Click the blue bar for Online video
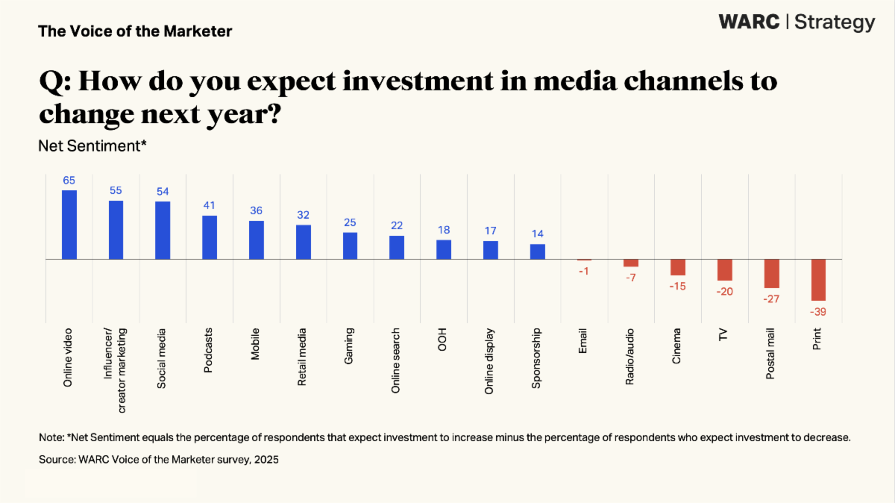(69, 225)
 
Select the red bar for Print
(818, 280)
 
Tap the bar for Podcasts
(210, 237)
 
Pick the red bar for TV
(725, 269)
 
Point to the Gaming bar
(350, 246)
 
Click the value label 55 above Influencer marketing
(116, 190)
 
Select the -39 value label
(818, 310)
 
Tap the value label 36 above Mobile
(256, 210)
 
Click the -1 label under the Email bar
(584, 271)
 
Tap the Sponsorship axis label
(536, 358)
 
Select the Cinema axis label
(677, 346)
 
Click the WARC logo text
(750, 22)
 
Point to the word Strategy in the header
(835, 23)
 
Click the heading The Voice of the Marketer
(135, 31)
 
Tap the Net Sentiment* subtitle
(92, 146)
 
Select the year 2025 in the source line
(265, 460)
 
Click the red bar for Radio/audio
(631, 263)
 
